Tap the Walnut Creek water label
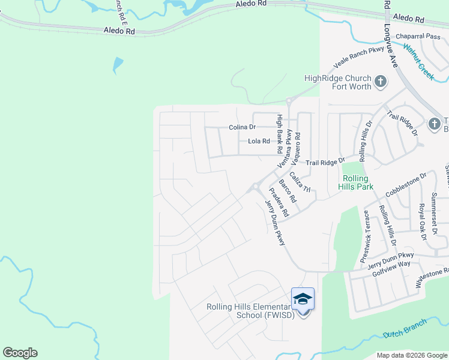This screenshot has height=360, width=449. [x=419, y=62]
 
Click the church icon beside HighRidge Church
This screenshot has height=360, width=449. [x=380, y=82]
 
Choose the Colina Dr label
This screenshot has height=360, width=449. [x=243, y=127]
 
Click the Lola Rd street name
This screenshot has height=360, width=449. [x=259, y=142]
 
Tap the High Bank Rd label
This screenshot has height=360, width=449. [x=279, y=133]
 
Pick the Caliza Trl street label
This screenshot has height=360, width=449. [x=300, y=182]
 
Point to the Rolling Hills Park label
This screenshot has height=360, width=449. [x=358, y=182]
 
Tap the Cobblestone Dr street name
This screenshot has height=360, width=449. [x=406, y=184]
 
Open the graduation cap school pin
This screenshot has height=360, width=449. [x=303, y=299]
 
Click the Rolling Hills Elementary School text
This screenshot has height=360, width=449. [x=250, y=311]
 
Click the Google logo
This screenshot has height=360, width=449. [x=20, y=353]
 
